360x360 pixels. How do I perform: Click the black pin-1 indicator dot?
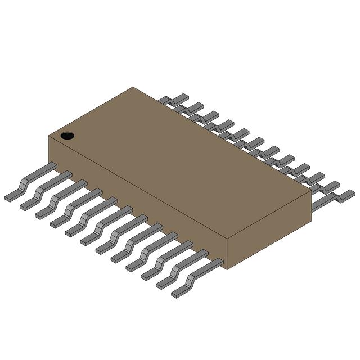point(67,136)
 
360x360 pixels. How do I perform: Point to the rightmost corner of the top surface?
point(311,191)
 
